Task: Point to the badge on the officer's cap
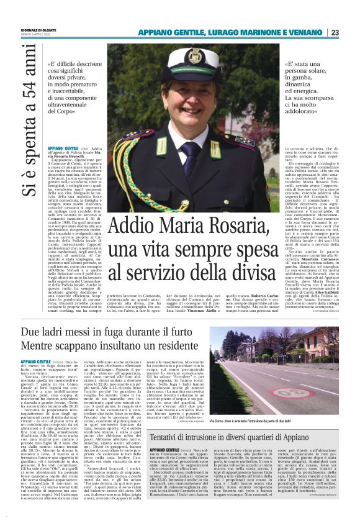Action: point(194,57)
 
